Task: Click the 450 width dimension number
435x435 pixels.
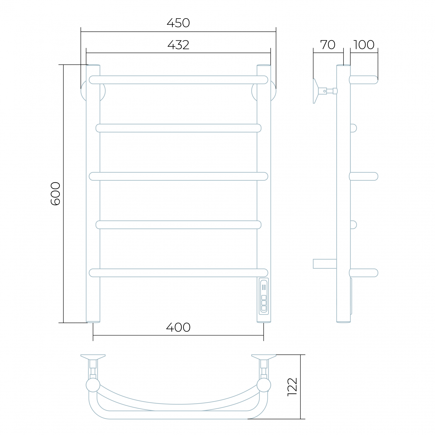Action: click(x=178, y=23)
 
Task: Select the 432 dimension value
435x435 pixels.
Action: click(x=178, y=45)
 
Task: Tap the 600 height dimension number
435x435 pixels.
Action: click(x=56, y=194)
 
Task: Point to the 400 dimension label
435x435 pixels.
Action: click(x=178, y=327)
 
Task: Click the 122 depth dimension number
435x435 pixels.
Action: click(x=292, y=387)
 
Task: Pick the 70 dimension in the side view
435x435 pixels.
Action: click(x=328, y=45)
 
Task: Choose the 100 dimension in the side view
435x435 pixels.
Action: click(x=364, y=45)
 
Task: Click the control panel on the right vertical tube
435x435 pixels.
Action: click(x=264, y=296)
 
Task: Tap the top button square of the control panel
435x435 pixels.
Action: click(x=264, y=297)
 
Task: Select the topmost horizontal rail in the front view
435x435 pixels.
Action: click(x=178, y=80)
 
